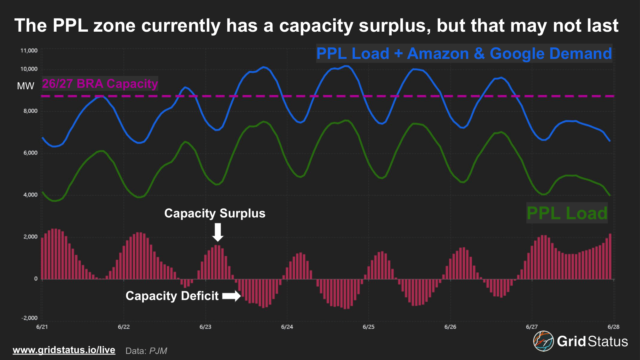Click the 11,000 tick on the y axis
pyautogui.click(x=29, y=51)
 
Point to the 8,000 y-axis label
pyautogui.click(x=30, y=111)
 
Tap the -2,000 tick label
pyautogui.click(x=29, y=318)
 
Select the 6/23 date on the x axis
pyautogui.click(x=205, y=327)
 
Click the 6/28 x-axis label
pyautogui.click(x=613, y=327)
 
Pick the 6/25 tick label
pyautogui.click(x=368, y=327)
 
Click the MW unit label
pyautogui.click(x=26, y=86)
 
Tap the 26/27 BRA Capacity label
pyautogui.click(x=100, y=84)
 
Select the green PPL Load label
pyautogui.click(x=567, y=213)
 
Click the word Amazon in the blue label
pyautogui.click(x=438, y=53)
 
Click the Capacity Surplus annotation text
pyautogui.click(x=215, y=213)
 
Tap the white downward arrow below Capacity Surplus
pyautogui.click(x=218, y=232)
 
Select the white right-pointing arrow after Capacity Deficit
pyautogui.click(x=231, y=296)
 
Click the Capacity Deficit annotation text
pyautogui.click(x=172, y=296)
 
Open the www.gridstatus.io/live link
pyautogui.click(x=64, y=350)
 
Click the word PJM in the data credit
pyautogui.click(x=158, y=351)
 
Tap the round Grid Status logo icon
pyautogui.click(x=543, y=341)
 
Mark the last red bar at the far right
pyautogui.click(x=610, y=256)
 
